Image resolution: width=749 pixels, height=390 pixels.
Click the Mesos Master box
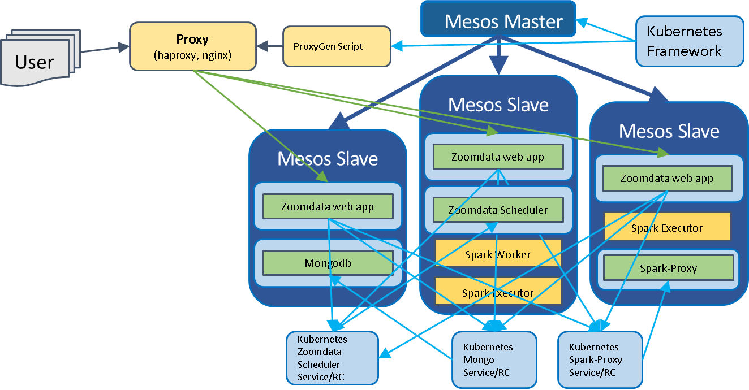[x=498, y=19]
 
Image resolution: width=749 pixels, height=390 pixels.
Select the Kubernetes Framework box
[x=690, y=41]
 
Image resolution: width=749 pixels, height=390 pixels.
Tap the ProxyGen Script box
[x=337, y=46]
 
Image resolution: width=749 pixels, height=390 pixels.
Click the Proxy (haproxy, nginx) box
[x=193, y=46]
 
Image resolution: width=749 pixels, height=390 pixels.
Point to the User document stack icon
[x=41, y=58]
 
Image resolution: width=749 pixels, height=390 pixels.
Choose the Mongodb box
[x=328, y=263]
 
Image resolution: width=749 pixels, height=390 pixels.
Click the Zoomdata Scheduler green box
[x=498, y=210]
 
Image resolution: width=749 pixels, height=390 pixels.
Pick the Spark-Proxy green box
[x=669, y=268]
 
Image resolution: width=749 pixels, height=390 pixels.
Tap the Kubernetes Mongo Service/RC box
[x=494, y=359]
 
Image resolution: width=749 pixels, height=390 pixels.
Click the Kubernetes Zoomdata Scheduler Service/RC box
[x=333, y=358]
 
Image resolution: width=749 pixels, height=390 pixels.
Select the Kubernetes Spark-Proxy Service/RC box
[x=600, y=359]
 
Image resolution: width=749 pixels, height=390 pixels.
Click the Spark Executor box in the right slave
[x=668, y=226]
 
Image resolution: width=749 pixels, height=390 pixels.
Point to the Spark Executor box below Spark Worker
[x=498, y=291]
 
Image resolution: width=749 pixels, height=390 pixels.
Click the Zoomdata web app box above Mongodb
[x=328, y=206]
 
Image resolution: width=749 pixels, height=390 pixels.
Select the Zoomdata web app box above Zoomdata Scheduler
[x=498, y=157]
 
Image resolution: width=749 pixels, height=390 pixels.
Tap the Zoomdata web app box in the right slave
[x=668, y=179]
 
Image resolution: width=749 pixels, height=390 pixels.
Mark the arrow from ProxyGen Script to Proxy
[x=269, y=46]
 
